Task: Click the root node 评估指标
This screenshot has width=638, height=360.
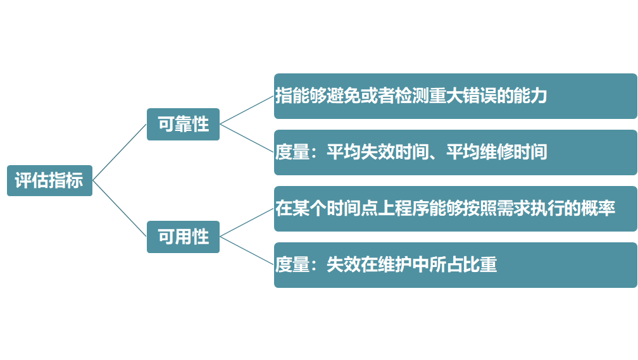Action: pos(49,180)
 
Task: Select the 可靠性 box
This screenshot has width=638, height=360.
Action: pos(183,124)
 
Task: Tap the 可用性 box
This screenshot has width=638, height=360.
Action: pos(183,237)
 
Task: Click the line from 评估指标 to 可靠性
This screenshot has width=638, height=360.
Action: pos(120,152)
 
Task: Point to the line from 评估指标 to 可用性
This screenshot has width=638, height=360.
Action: pos(120,209)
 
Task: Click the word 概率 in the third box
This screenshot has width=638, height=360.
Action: pos(598,209)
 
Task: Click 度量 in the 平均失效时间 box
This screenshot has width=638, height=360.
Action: pos(292,152)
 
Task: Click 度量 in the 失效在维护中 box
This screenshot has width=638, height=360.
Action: pos(292,265)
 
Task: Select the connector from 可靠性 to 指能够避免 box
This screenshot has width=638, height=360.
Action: pos(247,110)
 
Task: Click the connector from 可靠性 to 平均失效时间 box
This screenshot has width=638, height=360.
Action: pos(247,139)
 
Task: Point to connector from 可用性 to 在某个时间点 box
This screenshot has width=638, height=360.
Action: pos(247,223)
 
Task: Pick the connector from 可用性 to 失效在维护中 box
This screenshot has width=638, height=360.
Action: pos(247,251)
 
